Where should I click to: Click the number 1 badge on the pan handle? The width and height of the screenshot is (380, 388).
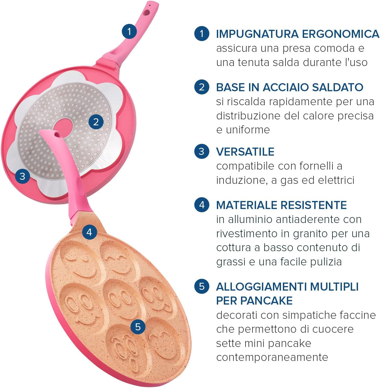point(129,31)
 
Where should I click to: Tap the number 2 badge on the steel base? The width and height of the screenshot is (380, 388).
point(96,122)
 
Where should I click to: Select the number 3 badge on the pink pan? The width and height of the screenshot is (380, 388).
point(23,176)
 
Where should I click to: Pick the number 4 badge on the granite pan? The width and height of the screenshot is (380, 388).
point(89,232)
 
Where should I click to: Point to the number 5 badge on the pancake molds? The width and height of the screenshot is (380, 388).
point(138,327)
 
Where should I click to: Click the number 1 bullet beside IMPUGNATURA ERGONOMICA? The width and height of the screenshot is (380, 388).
point(202,34)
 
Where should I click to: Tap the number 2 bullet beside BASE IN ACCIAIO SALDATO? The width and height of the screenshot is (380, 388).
point(202,87)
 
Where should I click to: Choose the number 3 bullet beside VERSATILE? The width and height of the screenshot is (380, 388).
point(202,151)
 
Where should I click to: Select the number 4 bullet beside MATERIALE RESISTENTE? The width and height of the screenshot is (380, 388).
point(202,205)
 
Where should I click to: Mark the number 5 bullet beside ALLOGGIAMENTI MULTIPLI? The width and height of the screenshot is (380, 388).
point(202,286)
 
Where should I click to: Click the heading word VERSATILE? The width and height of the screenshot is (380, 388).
point(245,152)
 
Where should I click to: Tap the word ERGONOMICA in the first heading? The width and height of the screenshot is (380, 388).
point(340,34)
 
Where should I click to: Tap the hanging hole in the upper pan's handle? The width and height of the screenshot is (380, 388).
point(147,12)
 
